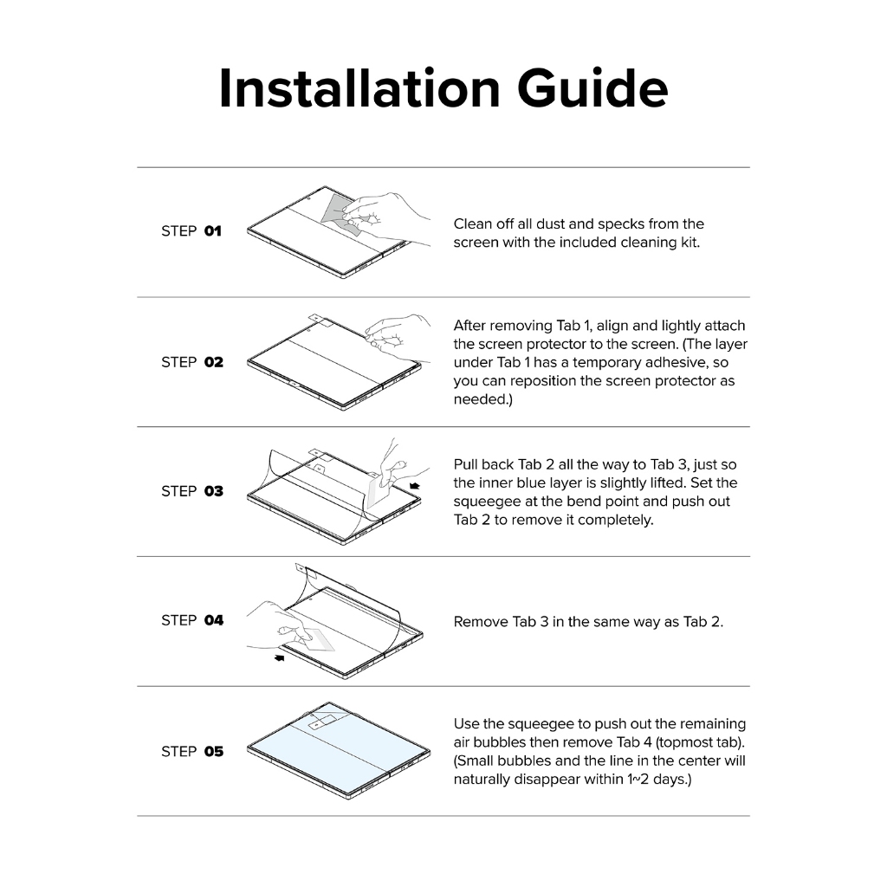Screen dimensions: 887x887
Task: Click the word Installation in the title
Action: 359,88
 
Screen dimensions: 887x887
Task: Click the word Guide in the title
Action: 592,88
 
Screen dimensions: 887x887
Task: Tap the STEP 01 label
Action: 191,230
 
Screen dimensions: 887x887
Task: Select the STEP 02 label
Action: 192,362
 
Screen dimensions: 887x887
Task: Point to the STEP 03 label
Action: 192,491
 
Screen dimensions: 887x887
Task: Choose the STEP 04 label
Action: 192,620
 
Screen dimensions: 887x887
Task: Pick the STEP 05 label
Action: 192,751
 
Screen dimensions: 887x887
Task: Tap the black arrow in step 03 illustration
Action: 414,486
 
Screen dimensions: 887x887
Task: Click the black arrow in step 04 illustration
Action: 280,657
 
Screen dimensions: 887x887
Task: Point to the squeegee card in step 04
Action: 318,639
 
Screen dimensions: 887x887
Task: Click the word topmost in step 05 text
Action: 683,742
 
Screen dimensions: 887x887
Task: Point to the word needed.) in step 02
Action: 483,399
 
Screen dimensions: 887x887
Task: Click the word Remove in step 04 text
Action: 481,622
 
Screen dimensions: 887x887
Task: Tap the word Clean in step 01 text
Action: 473,224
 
